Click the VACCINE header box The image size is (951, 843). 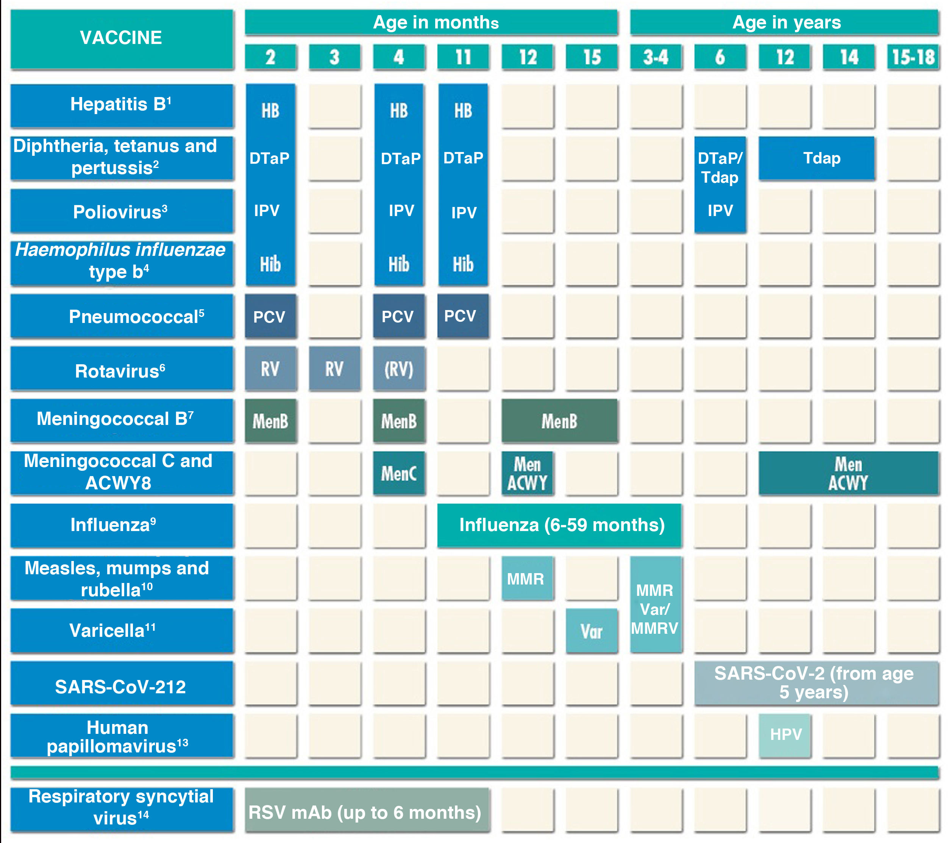[122, 39]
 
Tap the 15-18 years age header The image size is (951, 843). [913, 57]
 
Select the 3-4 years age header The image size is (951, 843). [656, 57]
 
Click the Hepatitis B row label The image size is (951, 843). [122, 105]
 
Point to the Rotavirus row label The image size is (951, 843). [122, 370]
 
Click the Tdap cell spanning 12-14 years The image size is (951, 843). [817, 158]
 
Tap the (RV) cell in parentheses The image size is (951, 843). [399, 369]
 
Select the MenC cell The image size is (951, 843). [399, 473]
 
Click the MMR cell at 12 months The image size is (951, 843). [527, 578]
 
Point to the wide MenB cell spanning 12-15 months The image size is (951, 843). [560, 421]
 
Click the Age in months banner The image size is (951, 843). [431, 22]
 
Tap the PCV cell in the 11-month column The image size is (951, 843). [463, 316]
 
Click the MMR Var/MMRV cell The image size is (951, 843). [656, 605]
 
